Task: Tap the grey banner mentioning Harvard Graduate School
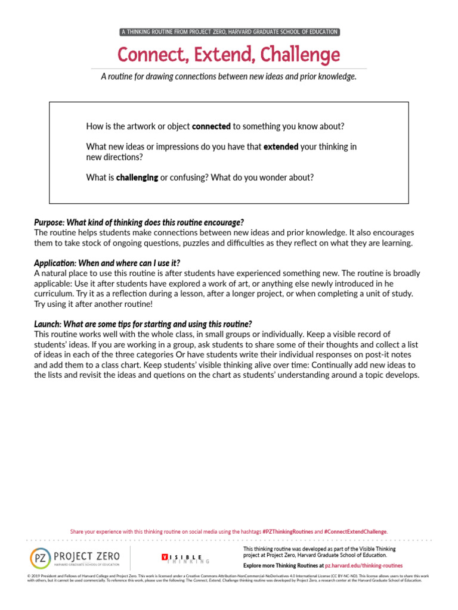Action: click(x=229, y=32)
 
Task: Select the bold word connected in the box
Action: click(x=211, y=126)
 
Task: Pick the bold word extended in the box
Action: click(x=281, y=147)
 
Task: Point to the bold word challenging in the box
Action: click(x=138, y=178)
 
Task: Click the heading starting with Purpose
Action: click(x=139, y=222)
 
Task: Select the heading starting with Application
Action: click(x=107, y=263)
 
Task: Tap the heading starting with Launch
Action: click(x=143, y=324)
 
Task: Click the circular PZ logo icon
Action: click(x=41, y=559)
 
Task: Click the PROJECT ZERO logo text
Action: click(x=87, y=556)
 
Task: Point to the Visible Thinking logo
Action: click(x=185, y=559)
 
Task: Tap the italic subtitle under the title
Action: click(x=229, y=77)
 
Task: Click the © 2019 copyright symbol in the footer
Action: click(x=30, y=576)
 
